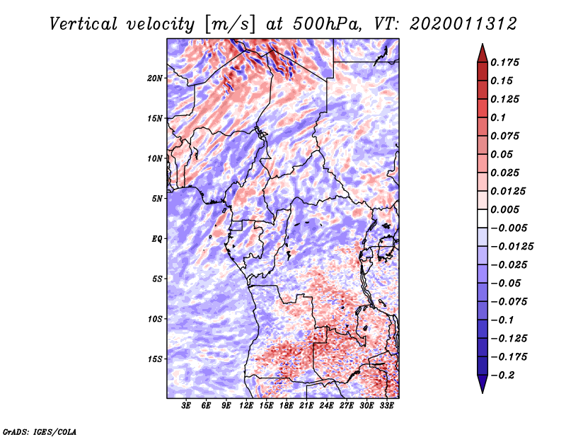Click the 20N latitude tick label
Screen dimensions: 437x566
[x=155, y=78]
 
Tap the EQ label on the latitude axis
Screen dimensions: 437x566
[x=157, y=239]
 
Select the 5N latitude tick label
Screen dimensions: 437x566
[x=157, y=199]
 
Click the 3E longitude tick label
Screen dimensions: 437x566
[x=186, y=407]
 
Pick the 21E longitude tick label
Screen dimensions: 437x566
[x=306, y=407]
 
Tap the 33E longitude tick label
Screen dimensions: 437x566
[x=387, y=407]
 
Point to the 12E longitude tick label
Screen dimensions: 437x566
[x=246, y=407]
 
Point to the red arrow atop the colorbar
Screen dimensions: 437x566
[x=482, y=52]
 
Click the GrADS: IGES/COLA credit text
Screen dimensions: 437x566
[x=39, y=430]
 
